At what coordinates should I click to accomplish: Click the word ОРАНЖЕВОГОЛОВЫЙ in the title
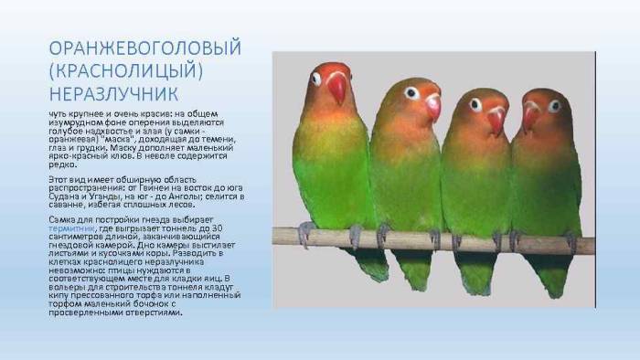tap(145, 48)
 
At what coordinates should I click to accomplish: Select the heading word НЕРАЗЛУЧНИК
tap(113, 94)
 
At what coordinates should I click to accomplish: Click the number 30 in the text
tap(233, 228)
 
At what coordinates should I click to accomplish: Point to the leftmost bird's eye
tap(316, 79)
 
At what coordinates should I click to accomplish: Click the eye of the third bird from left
tap(475, 103)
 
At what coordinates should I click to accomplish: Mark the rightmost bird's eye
tap(554, 105)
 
